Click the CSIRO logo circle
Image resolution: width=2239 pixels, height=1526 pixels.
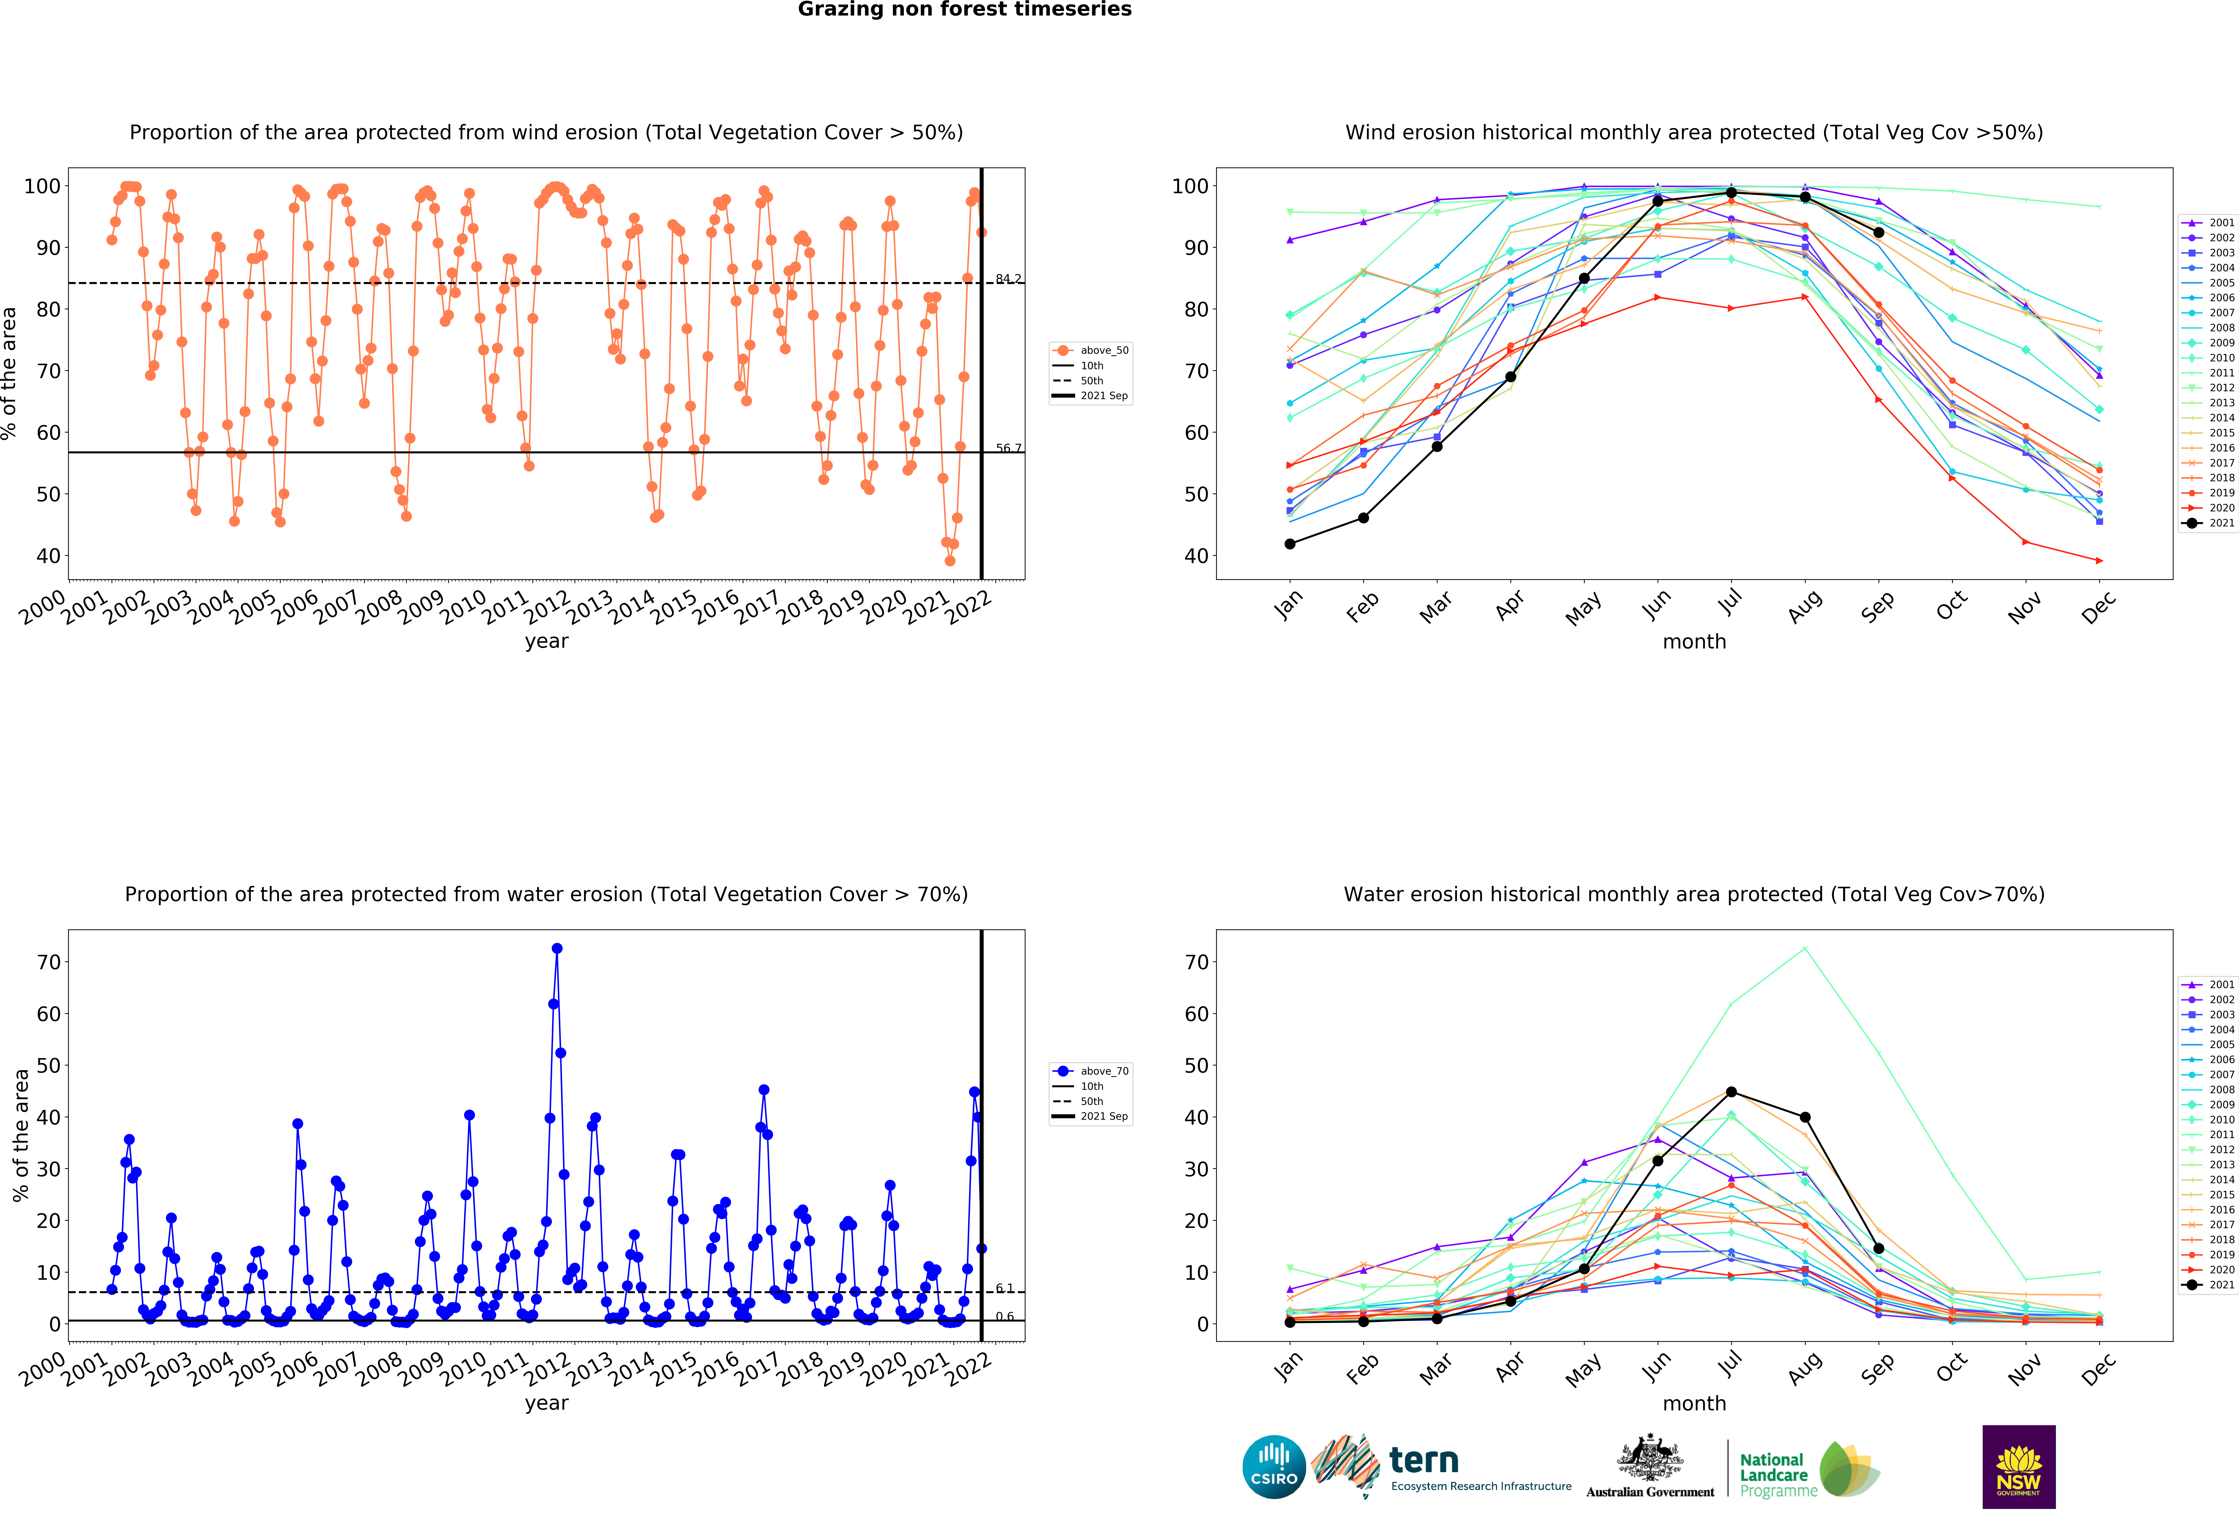[1274, 1466]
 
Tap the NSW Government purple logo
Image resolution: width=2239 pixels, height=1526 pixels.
[2018, 1466]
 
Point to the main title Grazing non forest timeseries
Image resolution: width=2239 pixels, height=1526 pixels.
[964, 10]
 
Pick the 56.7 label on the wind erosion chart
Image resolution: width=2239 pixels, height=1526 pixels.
[1008, 448]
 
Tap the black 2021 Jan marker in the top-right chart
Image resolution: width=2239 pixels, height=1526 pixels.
[1290, 544]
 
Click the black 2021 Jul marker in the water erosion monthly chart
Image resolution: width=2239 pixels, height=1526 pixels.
[1731, 1092]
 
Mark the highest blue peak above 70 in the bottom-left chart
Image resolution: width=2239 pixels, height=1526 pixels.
[557, 949]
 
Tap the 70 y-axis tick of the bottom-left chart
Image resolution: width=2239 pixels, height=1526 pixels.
[48, 962]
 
